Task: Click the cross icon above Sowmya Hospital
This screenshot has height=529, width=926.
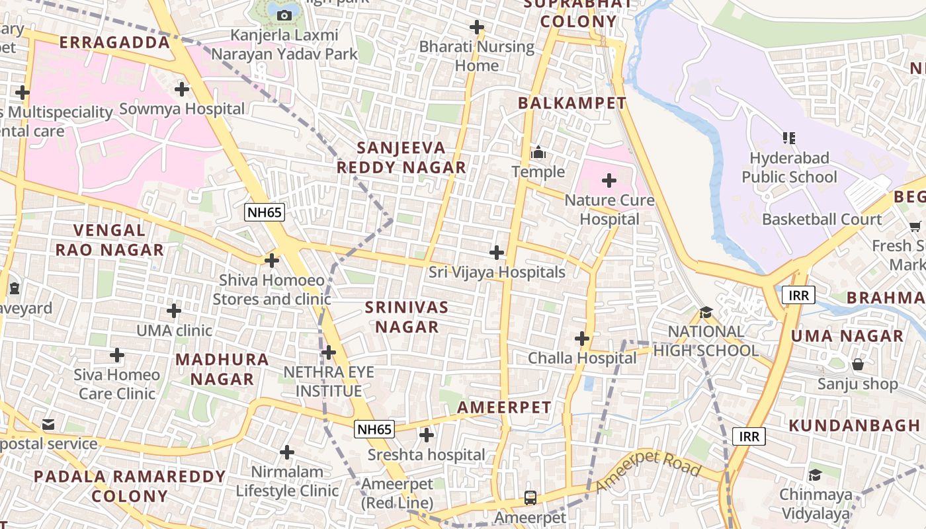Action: point(181,89)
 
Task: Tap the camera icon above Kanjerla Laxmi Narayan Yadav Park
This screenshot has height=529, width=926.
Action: point(284,15)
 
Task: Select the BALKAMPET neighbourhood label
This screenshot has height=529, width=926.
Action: point(571,103)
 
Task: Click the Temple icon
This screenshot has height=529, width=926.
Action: point(538,153)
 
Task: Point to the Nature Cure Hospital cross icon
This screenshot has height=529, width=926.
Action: point(609,180)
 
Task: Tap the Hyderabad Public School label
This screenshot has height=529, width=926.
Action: point(789,168)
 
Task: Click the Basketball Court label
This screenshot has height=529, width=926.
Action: point(822,220)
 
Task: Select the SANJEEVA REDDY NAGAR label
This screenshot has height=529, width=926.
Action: point(401,157)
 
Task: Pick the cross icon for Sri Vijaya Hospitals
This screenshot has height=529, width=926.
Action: point(497,253)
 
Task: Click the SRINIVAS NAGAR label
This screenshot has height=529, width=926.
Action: point(407,317)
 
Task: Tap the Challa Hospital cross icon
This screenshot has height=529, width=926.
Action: point(582,339)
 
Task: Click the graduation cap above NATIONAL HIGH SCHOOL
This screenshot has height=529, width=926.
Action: point(706,311)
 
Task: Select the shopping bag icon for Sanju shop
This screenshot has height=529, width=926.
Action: point(858,364)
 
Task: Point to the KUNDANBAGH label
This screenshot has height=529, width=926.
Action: point(854,425)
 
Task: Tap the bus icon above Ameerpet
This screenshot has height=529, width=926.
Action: point(530,497)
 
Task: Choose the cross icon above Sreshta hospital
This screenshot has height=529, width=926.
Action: point(427,435)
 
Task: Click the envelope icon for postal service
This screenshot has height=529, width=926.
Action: point(48,424)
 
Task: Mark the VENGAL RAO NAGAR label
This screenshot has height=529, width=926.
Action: point(110,240)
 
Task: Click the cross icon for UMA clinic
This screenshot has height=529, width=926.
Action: point(174,310)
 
